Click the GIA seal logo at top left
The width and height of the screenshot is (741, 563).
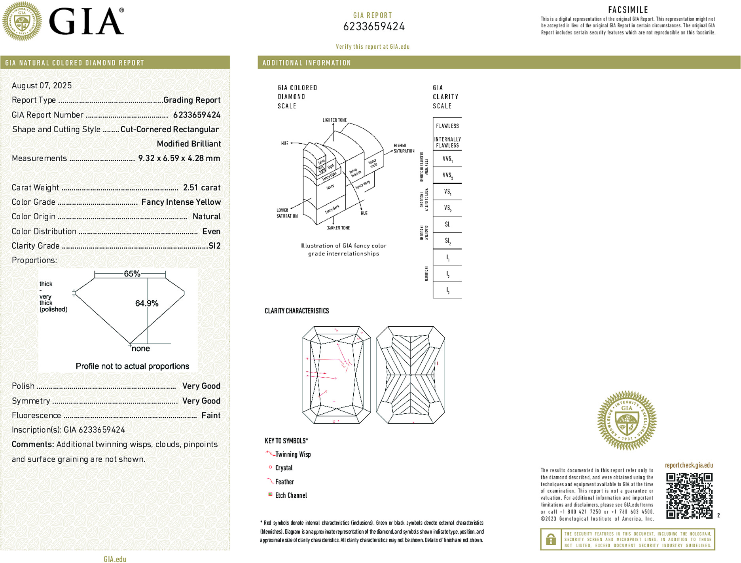pos(22,21)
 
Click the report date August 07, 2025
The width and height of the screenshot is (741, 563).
pos(42,86)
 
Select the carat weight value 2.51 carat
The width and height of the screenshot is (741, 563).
pos(201,188)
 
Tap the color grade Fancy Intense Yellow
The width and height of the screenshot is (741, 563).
pos(181,202)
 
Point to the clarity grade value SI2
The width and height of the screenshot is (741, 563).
pos(214,246)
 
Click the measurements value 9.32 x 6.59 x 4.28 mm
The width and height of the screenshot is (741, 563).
pos(179,158)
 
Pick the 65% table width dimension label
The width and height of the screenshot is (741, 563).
pos(132,274)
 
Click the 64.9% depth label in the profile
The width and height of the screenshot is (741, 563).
pos(146,303)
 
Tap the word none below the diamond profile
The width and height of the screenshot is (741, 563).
pos(140,349)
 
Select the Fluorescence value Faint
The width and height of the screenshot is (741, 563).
pos(210,415)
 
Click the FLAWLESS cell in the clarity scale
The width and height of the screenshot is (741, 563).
pos(447,126)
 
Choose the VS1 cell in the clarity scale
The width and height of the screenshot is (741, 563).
pos(447,192)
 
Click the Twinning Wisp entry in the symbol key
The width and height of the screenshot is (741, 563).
pos(293,455)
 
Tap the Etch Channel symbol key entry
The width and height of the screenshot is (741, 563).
pos(291,495)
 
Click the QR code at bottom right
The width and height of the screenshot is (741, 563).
pos(689,495)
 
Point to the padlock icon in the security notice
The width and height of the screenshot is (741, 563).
pos(551,539)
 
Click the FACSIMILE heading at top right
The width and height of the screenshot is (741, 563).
pos(628,10)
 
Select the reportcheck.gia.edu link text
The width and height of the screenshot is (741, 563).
pos(688,465)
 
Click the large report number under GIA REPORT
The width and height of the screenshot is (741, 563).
pos(374,27)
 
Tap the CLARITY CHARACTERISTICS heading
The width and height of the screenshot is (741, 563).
pos(297,311)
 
